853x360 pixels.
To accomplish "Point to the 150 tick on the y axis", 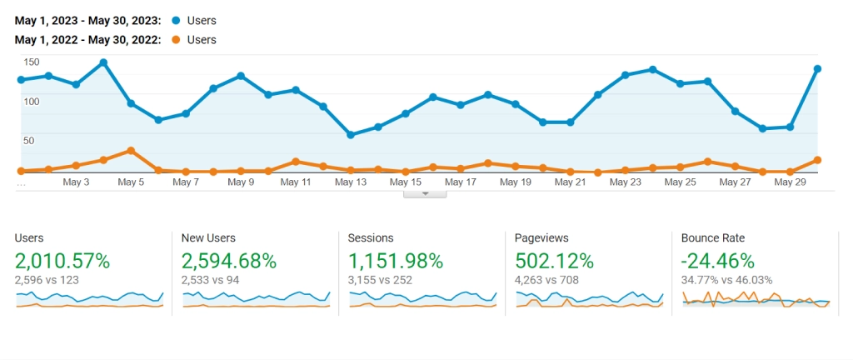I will pyautogui.click(x=32, y=62).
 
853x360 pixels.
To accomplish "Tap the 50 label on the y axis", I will pyautogui.click(x=29, y=141).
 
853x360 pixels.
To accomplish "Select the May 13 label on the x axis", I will pyautogui.click(x=351, y=182).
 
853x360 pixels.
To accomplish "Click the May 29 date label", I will pyautogui.click(x=791, y=182).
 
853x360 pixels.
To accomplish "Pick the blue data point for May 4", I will pyautogui.click(x=103, y=62).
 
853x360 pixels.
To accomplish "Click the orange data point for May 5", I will pyautogui.click(x=131, y=150).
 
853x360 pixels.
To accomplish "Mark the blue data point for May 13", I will pyautogui.click(x=351, y=135).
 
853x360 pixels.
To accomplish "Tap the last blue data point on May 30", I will pyautogui.click(x=818, y=68).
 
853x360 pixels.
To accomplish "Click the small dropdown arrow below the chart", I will pyautogui.click(x=425, y=193).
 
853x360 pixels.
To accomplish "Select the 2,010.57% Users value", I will pyautogui.click(x=62, y=261).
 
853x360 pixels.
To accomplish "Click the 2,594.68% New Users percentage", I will pyautogui.click(x=229, y=261).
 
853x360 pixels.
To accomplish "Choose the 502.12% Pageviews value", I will pyautogui.click(x=555, y=261).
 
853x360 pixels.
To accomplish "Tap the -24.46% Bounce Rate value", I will pyautogui.click(x=718, y=261).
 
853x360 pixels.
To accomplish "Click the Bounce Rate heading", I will pyautogui.click(x=713, y=238).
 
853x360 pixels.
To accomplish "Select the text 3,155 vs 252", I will pyautogui.click(x=380, y=280).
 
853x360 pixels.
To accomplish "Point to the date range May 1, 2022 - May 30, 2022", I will pyautogui.click(x=87, y=40).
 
